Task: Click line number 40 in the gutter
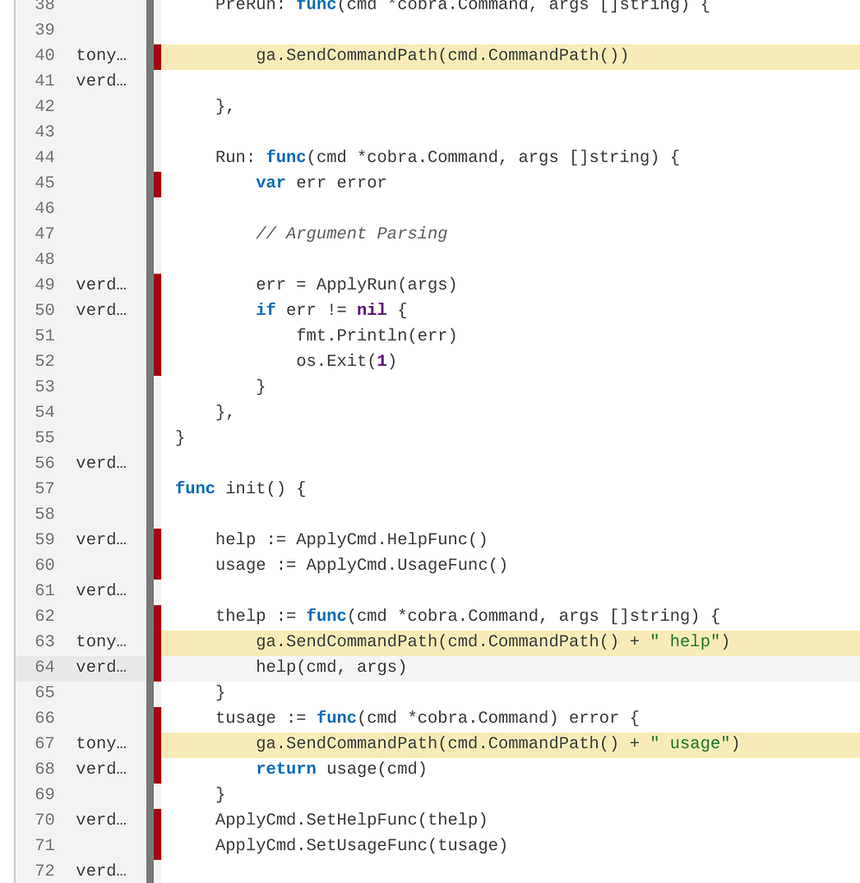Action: pyautogui.click(x=45, y=55)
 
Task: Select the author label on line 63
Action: pyautogui.click(x=101, y=642)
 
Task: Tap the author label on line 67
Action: pyautogui.click(x=101, y=743)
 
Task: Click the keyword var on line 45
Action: pyautogui.click(x=271, y=183)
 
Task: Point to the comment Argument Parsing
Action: pyautogui.click(x=351, y=234)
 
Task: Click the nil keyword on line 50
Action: pyautogui.click(x=372, y=310)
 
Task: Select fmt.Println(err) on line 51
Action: pyautogui.click(x=376, y=335)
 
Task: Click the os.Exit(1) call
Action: pyautogui.click(x=346, y=361)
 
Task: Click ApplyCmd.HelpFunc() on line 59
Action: pyautogui.click(x=392, y=540)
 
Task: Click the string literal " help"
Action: pyautogui.click(x=685, y=642)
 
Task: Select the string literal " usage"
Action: pyautogui.click(x=690, y=743)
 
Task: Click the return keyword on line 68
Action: pyautogui.click(x=286, y=768)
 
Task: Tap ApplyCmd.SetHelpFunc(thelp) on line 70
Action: pyautogui.click(x=351, y=820)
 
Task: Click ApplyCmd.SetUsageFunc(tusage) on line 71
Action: pyautogui.click(x=361, y=845)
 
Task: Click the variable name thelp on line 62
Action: pyautogui.click(x=241, y=616)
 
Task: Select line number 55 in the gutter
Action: pyautogui.click(x=45, y=437)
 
